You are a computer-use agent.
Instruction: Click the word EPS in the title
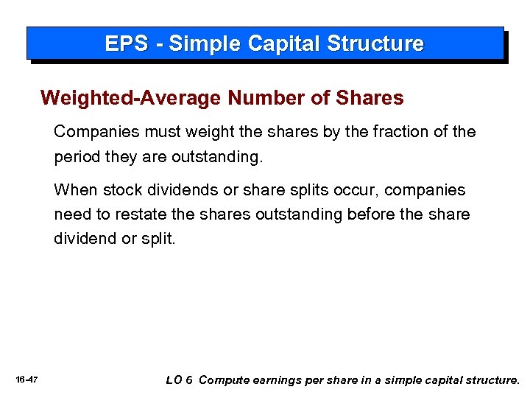tap(124, 44)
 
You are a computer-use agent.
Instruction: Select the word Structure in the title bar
tap(376, 44)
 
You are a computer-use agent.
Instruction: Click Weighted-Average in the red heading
tap(131, 98)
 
